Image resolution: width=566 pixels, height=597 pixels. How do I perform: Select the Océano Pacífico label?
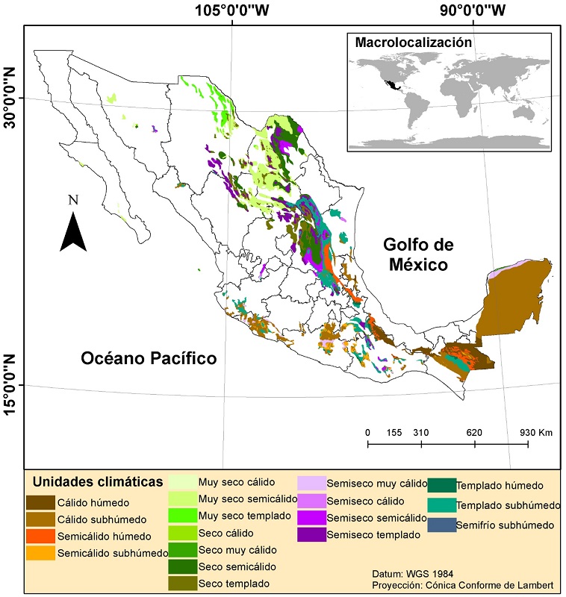click(149, 359)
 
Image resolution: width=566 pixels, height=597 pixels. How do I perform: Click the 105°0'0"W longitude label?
click(232, 10)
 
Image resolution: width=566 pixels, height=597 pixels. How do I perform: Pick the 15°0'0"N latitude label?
click(10, 385)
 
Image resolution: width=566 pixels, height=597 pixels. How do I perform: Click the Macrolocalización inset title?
click(413, 43)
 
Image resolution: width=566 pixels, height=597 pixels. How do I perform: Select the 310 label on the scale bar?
click(421, 432)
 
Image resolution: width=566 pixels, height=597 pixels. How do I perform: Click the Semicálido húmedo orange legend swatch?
click(40, 536)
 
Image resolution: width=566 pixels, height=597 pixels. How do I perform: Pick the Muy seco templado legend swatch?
click(182, 516)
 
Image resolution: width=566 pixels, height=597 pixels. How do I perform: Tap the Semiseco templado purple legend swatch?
click(311, 534)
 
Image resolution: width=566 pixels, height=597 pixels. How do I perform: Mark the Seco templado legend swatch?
click(182, 583)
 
